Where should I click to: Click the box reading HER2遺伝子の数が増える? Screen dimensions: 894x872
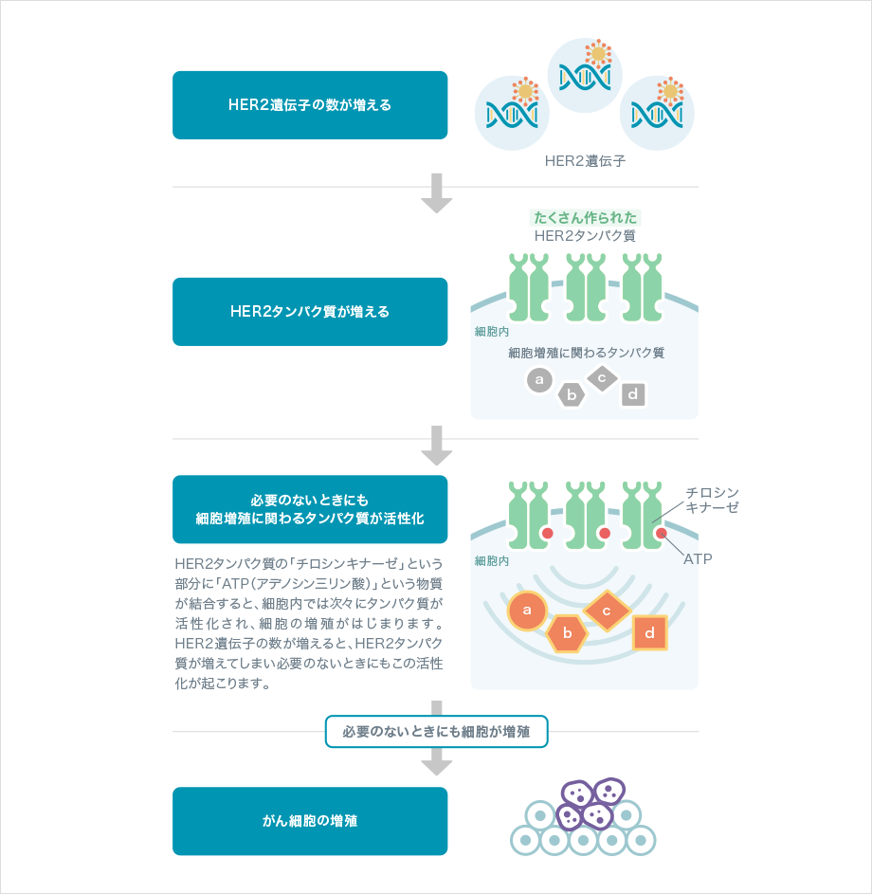pos(310,105)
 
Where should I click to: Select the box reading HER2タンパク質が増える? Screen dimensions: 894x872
pos(310,312)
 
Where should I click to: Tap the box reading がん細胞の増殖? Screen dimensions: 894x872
pos(310,821)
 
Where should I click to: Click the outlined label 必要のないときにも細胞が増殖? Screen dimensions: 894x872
pos(436,732)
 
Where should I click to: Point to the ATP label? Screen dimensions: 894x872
pos(698,559)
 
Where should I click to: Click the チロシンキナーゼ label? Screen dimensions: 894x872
pos(712,500)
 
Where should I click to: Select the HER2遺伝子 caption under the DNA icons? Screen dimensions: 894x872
pos(585,161)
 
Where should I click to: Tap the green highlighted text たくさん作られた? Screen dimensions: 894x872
pos(586,217)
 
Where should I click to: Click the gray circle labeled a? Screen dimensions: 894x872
pos(539,381)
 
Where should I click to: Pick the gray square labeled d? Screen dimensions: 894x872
pos(633,393)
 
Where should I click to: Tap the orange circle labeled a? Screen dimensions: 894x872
pos(527,611)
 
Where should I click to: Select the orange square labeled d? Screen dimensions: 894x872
pos(650,632)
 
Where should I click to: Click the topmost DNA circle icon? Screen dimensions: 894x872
pos(585,74)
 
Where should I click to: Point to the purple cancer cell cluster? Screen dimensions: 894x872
pos(588,804)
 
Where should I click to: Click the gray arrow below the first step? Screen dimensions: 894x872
pos(436,193)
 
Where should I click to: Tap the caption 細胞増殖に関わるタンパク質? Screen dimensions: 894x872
pos(586,353)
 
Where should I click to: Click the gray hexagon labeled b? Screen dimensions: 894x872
pos(571,394)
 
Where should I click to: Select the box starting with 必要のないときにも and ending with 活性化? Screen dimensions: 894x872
pos(310,509)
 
